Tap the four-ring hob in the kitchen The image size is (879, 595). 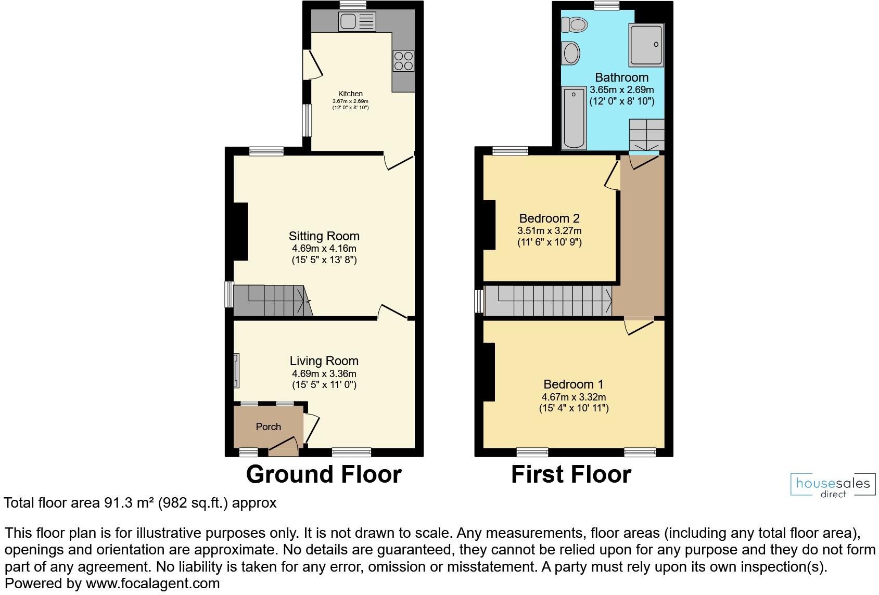coord(403,60)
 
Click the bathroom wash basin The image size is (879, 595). coord(571,53)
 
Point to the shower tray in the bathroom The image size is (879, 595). coord(646,45)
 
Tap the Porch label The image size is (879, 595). coord(269,426)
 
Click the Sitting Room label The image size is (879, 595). coord(324,236)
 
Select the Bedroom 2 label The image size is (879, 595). coord(550,218)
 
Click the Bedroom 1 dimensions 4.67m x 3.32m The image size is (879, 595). coord(574,397)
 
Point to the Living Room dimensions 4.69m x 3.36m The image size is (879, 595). coord(324,373)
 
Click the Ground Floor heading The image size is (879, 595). coord(324,474)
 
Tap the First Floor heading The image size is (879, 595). coord(571,474)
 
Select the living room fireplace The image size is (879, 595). coord(236,371)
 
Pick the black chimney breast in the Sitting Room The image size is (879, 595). coord(240,231)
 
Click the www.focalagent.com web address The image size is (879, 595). coord(152,584)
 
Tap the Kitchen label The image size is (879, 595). coord(350,94)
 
